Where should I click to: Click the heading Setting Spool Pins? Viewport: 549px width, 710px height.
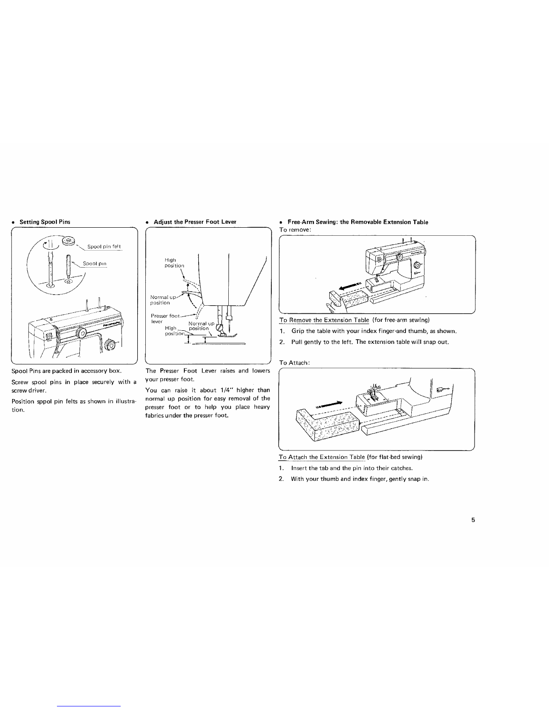pyautogui.click(x=44, y=222)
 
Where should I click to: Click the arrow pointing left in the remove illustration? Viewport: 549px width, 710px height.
pyautogui.click(x=351, y=286)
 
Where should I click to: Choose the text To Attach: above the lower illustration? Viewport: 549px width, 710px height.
pyautogui.click(x=292, y=362)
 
